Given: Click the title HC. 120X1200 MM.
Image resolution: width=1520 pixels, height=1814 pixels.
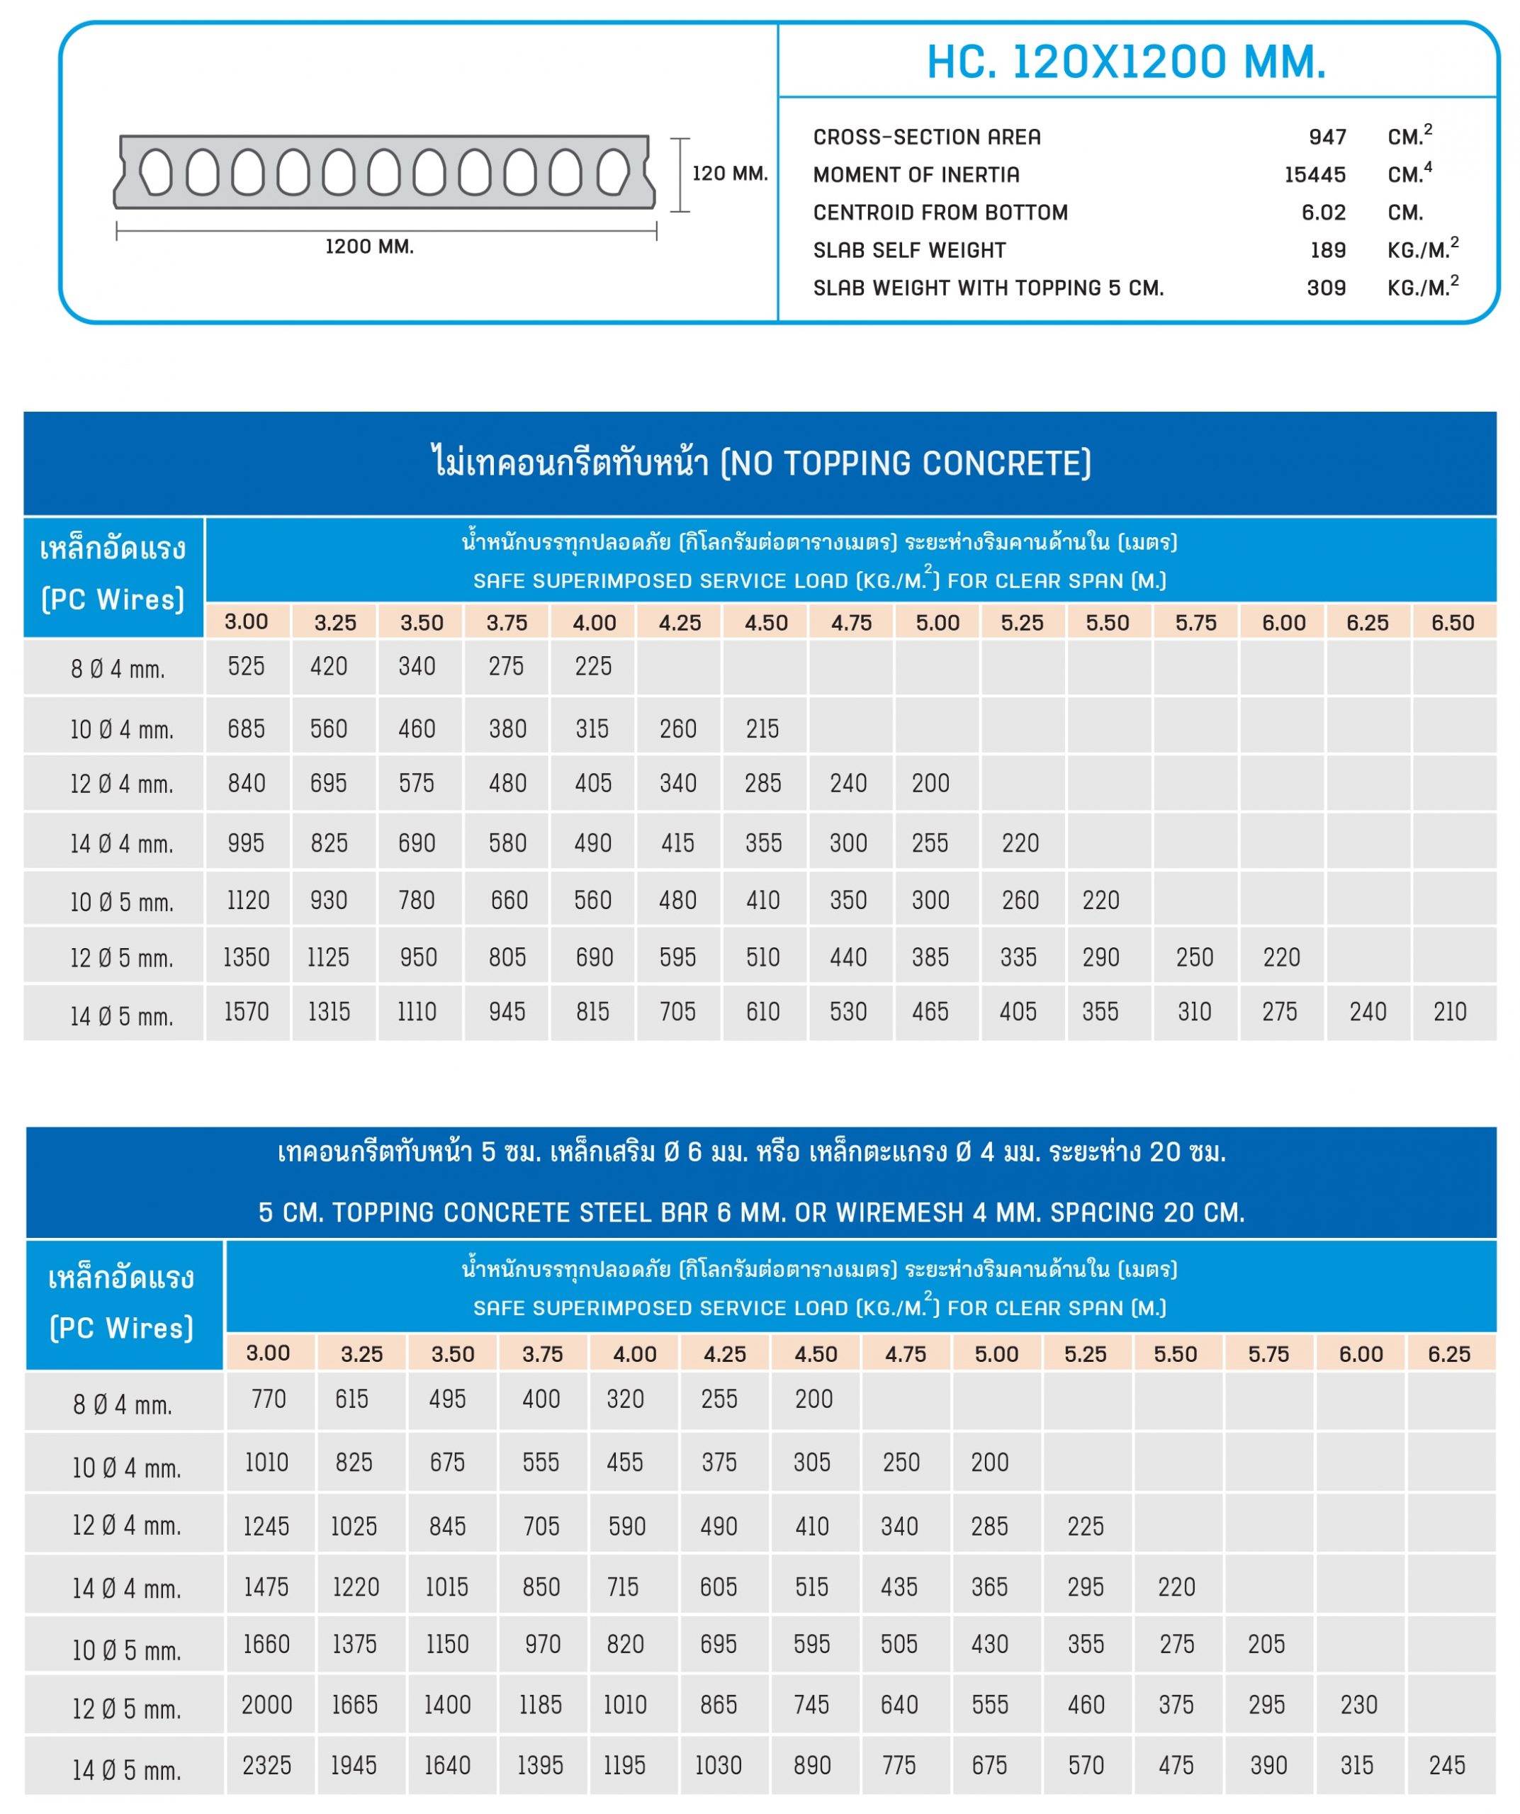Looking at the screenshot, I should (1125, 62).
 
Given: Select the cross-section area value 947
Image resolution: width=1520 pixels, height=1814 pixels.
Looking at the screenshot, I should (1327, 137).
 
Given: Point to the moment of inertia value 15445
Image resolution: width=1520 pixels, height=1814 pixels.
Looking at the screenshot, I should (1314, 175).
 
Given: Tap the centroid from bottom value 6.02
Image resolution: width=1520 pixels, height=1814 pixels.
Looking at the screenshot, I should (1323, 213).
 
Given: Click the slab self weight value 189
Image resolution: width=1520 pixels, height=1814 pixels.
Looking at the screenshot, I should (1327, 251).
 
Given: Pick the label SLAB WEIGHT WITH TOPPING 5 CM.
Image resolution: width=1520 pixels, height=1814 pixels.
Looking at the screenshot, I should (988, 288).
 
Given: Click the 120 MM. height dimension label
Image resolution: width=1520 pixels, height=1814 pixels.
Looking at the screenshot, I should (729, 174).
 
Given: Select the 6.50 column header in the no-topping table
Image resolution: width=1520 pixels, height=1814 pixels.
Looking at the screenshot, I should (1453, 623).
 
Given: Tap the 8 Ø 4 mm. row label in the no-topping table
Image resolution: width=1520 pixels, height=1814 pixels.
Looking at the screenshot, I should (118, 670).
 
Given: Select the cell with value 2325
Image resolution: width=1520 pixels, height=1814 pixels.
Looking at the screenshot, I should (267, 1765).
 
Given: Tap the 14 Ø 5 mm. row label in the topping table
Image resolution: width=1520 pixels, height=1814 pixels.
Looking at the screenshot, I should (126, 1771).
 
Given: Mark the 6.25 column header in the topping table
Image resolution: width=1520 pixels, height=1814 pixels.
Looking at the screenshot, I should (1448, 1354).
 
